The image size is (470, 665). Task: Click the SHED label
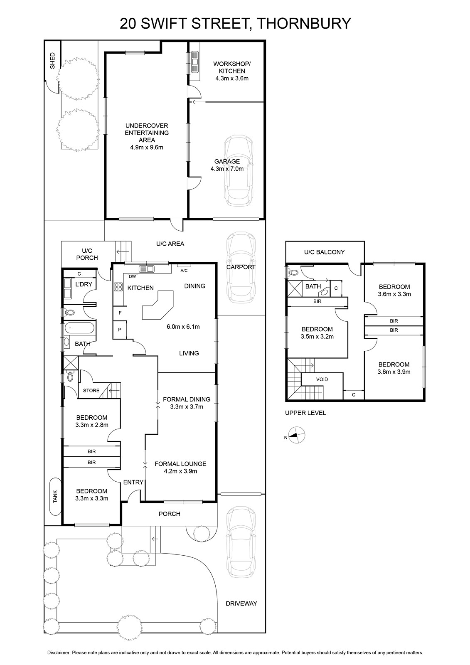pos(52,61)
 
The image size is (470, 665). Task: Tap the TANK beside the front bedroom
pos(56,496)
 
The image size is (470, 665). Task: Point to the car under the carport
pos(241,267)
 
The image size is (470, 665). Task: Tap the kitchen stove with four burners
pos(118,287)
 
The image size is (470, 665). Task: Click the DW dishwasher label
pos(132,276)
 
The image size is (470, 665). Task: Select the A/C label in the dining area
pos(184,271)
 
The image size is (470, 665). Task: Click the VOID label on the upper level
pos(322,379)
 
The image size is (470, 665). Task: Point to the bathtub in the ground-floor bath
pos(79,328)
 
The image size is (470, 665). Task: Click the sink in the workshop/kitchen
pos(195,62)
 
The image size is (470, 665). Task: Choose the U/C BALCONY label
pos(324,252)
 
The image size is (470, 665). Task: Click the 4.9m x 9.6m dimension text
pos(147,147)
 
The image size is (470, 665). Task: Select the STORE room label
pos(91,390)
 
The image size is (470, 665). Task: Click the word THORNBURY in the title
pos(303,23)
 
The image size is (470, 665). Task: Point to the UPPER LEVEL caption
pos(305,413)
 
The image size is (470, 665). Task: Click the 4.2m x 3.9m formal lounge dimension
pos(180,471)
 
